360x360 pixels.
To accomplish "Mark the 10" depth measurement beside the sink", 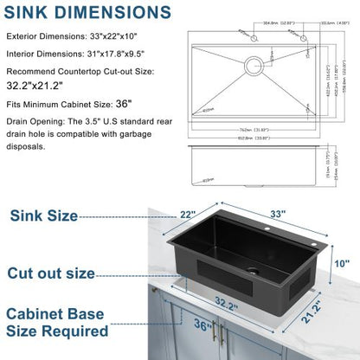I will (344, 263).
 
